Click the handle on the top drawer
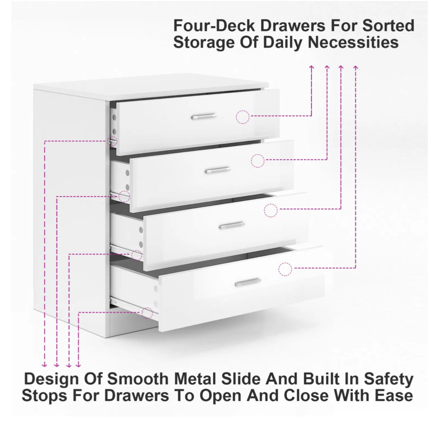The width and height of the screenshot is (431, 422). coord(204,116)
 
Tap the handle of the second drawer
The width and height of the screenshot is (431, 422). coord(218,170)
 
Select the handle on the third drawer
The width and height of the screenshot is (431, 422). coord(232,225)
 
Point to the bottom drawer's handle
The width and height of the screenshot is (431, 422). coord(247,282)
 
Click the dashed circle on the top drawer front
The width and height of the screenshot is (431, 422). coord(242,117)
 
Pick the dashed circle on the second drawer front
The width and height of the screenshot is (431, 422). coord(257,161)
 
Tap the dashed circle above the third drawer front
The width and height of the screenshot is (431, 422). coord(271,210)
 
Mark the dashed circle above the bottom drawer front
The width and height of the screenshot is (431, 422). coord(285,269)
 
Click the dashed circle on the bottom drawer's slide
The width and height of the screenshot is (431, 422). coord(147,312)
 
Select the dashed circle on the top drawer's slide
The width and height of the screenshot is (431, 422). coord(112,141)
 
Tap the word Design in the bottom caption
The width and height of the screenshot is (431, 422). coord(52,379)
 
